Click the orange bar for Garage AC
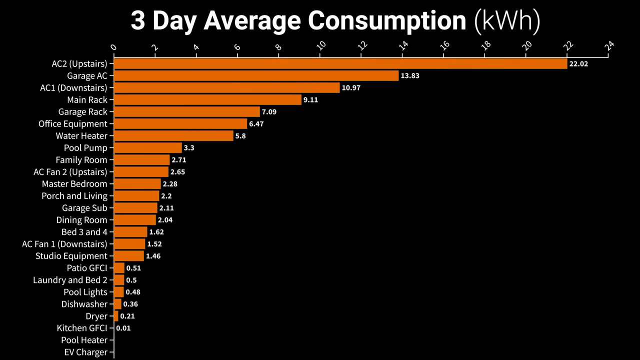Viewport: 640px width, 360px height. [256, 76]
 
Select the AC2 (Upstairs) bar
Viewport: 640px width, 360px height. [340, 64]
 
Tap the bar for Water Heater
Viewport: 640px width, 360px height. [173, 136]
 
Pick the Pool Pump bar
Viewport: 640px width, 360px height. [148, 148]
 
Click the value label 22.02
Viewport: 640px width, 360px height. [578, 64]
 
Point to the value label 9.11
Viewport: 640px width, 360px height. [310, 100]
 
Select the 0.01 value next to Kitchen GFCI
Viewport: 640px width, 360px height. [123, 328]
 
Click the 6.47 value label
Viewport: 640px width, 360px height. [256, 124]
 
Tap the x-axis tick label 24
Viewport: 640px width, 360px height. [609, 46]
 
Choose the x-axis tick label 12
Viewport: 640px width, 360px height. [362, 46]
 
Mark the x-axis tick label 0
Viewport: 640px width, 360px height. [114, 47]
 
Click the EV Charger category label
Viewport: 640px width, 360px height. [85, 352]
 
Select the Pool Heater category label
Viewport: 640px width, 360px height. [84, 340]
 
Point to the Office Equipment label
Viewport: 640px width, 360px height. [73, 124]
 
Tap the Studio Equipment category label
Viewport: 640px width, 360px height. [71, 256]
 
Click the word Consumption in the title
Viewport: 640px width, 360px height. [387, 21]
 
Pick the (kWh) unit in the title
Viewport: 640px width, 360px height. [507, 21]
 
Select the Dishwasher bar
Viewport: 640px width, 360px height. [118, 304]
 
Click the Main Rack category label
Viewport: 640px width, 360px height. [87, 100]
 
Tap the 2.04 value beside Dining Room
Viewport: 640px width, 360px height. [165, 220]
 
